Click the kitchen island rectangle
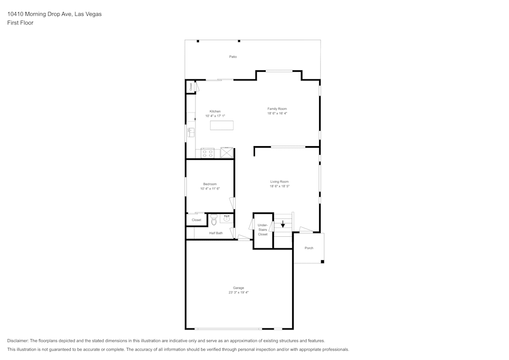221,125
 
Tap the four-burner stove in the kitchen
207,153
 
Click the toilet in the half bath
214,220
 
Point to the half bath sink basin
225,219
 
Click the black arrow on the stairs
283,225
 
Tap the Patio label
233,57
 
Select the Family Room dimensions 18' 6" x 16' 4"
277,114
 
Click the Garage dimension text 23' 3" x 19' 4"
238,292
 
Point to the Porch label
309,248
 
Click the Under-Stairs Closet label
263,229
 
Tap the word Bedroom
210,184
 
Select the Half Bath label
216,233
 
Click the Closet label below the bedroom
196,220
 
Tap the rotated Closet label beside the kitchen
191,87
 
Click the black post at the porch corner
323,262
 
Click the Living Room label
279,181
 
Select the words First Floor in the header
20,23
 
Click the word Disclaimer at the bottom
18,341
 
